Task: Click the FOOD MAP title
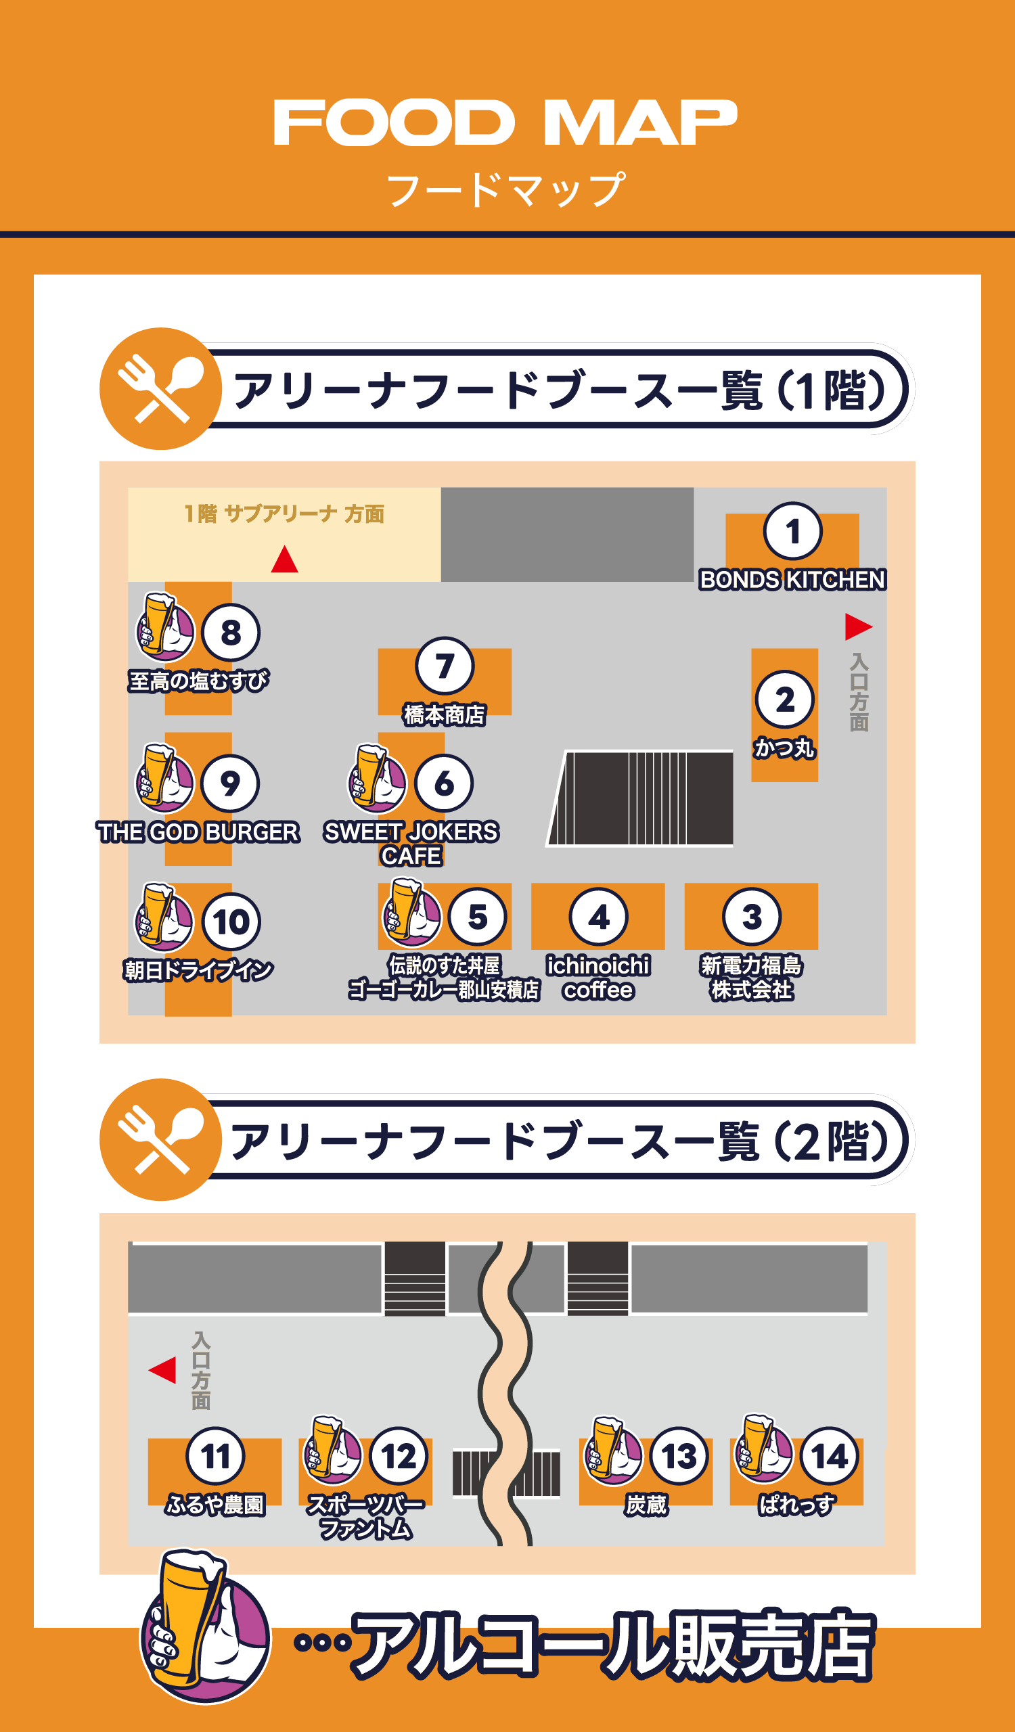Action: tap(505, 122)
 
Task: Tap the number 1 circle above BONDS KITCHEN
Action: tap(792, 531)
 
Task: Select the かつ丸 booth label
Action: tap(784, 748)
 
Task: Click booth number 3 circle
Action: tap(752, 917)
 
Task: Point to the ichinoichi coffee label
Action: tap(598, 978)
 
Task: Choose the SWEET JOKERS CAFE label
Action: tap(411, 844)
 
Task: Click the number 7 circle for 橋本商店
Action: tap(445, 666)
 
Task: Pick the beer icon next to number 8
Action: tap(165, 626)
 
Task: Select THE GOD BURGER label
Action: tap(198, 832)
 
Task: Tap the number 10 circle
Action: tap(231, 921)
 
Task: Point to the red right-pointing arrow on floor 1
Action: tap(858, 626)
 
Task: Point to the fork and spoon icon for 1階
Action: tap(161, 388)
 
